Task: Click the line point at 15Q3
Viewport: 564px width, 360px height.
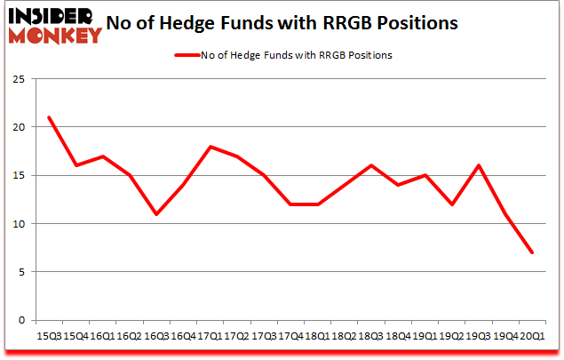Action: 49,117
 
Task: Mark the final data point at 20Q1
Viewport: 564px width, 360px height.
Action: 532,252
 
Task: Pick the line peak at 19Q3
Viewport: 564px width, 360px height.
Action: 479,165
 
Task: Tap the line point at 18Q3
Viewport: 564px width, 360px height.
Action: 370,165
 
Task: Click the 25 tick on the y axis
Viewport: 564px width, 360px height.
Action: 18,79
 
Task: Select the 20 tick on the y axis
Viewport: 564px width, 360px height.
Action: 18,127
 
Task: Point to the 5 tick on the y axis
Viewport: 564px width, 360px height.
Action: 20,272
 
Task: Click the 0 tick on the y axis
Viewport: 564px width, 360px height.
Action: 20,320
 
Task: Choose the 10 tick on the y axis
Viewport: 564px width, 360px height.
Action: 18,224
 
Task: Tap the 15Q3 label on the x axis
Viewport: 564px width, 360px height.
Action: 49,337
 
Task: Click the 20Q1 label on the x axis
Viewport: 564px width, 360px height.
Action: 532,337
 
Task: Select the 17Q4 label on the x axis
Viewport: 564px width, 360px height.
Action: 289,337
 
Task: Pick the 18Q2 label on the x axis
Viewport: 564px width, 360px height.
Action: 343,337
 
